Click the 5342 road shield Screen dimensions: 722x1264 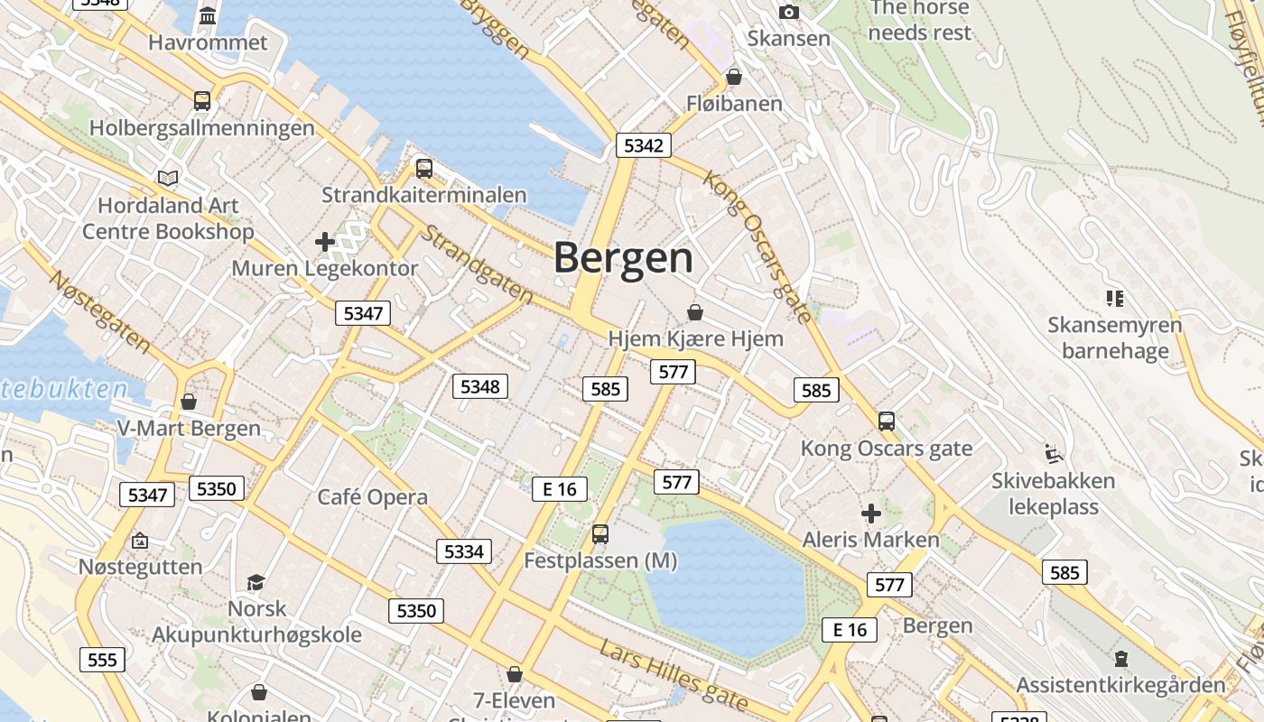pyautogui.click(x=644, y=145)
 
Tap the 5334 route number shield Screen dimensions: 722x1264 pyautogui.click(x=464, y=551)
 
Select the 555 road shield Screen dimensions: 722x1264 pyautogui.click(x=102, y=660)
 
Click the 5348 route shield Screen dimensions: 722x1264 pyautogui.click(x=479, y=386)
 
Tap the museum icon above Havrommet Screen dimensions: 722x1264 pyautogui.click(x=209, y=15)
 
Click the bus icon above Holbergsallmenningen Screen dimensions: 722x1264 pyautogui.click(x=202, y=100)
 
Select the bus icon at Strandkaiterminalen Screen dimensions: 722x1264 pyautogui.click(x=423, y=168)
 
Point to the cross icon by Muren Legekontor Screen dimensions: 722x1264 pyautogui.click(x=325, y=241)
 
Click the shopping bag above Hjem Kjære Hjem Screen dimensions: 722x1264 pyautogui.click(x=695, y=312)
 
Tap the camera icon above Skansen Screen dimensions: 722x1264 pyautogui.click(x=788, y=12)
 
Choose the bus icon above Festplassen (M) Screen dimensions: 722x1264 pyautogui.click(x=600, y=533)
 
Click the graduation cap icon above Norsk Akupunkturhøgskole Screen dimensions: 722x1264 pyautogui.click(x=256, y=582)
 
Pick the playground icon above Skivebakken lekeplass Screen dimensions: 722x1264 pyautogui.click(x=1052, y=453)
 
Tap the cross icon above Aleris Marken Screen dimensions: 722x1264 pyautogui.click(x=871, y=514)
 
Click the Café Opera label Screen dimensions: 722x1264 pyautogui.click(x=372, y=497)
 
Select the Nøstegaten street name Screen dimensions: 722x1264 pyautogui.click(x=99, y=311)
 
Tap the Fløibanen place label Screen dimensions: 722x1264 pyautogui.click(x=734, y=104)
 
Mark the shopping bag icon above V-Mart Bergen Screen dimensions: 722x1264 pyautogui.click(x=189, y=401)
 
